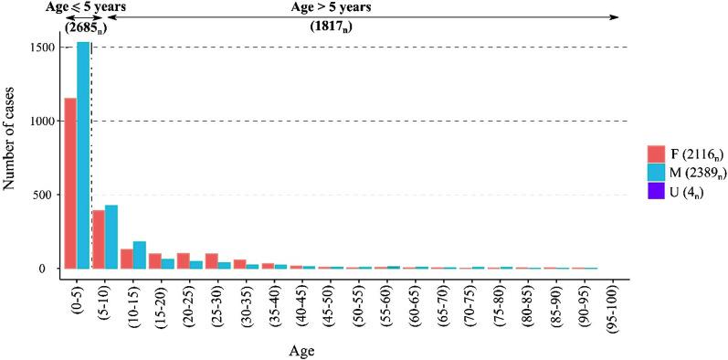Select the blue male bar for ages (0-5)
point(83,155)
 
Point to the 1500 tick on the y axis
point(44,48)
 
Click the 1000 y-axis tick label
point(44,122)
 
